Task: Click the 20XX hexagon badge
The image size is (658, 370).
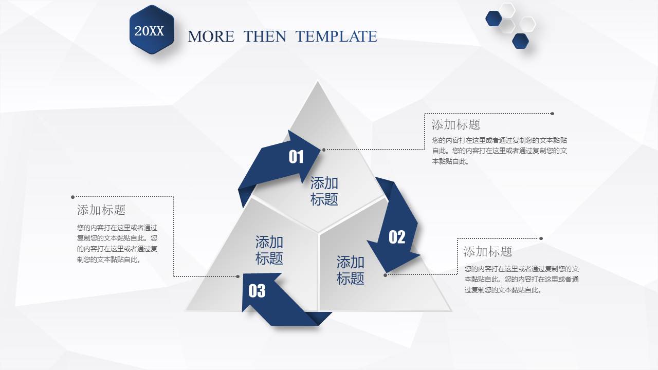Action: point(152,30)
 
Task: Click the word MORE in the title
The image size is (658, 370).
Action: point(211,36)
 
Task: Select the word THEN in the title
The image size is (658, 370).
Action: point(265,36)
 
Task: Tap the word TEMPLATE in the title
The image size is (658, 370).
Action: point(336,36)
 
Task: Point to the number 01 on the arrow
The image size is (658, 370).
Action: point(296,157)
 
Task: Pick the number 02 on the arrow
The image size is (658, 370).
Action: point(397,237)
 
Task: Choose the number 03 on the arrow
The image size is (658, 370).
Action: point(257,291)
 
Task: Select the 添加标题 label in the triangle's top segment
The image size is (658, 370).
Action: point(324,191)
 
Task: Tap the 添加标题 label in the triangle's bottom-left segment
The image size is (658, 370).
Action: point(269,250)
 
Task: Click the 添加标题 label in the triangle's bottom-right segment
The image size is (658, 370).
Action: point(351,270)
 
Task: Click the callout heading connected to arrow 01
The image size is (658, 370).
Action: point(456,124)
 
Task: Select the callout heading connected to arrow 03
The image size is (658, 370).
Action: point(101,210)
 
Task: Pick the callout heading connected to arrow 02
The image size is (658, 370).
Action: point(488,251)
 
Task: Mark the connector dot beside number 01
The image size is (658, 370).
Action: point(324,150)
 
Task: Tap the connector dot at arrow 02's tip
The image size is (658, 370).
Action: point(386,275)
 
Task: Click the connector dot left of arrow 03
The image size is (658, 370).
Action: point(237,276)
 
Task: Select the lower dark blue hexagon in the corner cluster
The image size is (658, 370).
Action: point(520,41)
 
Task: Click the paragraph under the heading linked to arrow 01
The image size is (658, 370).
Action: point(500,151)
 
